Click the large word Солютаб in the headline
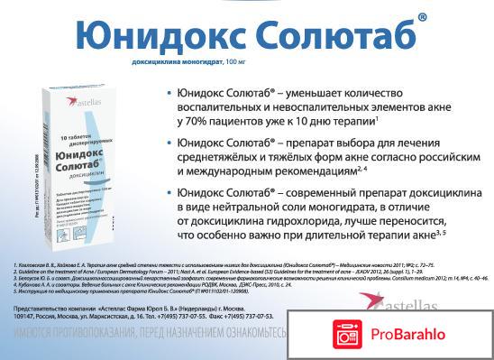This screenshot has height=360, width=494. [340, 35]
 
